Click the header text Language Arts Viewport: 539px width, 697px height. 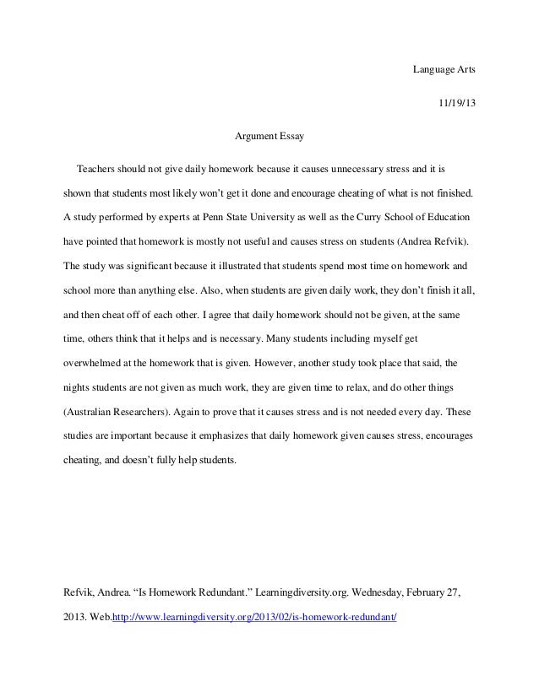pyautogui.click(x=444, y=68)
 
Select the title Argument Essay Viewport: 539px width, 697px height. pyautogui.click(x=269, y=135)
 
